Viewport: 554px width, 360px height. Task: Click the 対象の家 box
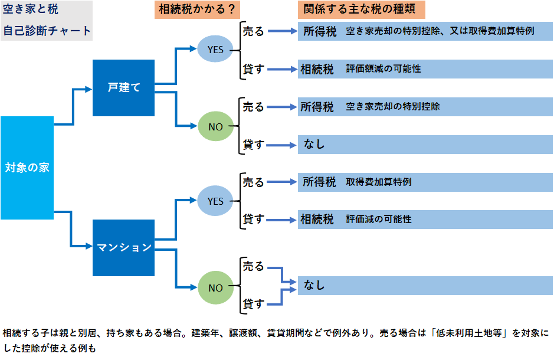[x=27, y=168]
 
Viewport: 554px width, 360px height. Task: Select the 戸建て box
[x=123, y=88]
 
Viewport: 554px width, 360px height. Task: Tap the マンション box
[x=123, y=248]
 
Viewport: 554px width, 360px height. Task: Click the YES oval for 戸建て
[x=215, y=50]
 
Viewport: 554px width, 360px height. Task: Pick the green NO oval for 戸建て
[x=215, y=126]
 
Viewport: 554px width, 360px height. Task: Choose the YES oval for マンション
[x=215, y=201]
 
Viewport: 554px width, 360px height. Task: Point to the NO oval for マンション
[x=215, y=288]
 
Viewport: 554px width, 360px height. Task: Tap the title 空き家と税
[x=31, y=10]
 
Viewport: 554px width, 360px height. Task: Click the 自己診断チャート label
[x=47, y=30]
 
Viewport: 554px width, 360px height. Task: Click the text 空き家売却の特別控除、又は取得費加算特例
[x=440, y=31]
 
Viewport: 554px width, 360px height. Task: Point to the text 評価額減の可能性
[x=383, y=69]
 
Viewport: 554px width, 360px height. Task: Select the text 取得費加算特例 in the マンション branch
[x=379, y=182]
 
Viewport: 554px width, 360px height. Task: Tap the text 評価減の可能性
[x=379, y=219]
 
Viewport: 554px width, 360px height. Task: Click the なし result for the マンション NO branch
[x=314, y=286]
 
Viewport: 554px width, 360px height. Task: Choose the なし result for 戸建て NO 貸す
[x=314, y=144]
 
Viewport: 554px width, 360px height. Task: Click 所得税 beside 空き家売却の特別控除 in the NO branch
[x=317, y=107]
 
